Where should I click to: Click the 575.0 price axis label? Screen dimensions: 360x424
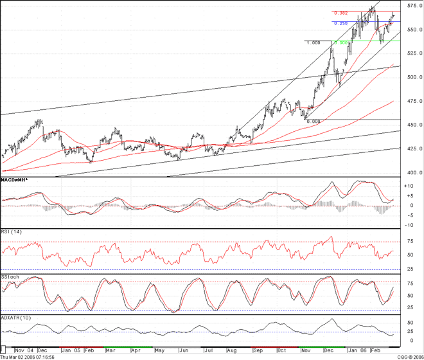click(x=412, y=5)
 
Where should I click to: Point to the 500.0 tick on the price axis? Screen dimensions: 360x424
click(x=412, y=77)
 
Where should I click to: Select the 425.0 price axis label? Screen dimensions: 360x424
click(x=412, y=148)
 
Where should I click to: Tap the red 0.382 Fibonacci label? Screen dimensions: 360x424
click(x=340, y=13)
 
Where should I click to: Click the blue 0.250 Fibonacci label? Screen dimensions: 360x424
click(x=340, y=23)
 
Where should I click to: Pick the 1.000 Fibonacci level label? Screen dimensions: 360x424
click(x=313, y=42)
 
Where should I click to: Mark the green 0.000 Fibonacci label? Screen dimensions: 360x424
click(x=340, y=42)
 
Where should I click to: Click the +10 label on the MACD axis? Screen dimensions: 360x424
click(x=408, y=186)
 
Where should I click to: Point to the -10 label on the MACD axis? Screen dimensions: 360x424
click(x=408, y=224)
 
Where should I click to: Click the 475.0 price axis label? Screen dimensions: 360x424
click(x=412, y=102)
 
